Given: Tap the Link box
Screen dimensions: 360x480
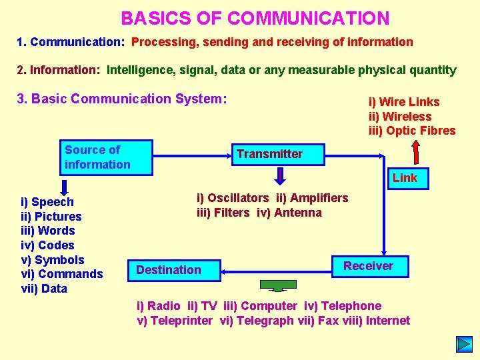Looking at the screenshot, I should point(405,178).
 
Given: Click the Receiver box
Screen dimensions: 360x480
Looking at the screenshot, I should point(368,266).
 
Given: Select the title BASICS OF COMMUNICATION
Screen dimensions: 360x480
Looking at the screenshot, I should point(255,18).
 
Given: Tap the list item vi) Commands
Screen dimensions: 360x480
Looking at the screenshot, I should point(62,274).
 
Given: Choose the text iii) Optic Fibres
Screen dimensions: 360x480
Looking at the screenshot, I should point(412,131).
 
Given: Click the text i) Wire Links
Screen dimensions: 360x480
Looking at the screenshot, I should point(404,102).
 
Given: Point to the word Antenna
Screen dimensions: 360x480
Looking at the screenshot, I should point(298,213).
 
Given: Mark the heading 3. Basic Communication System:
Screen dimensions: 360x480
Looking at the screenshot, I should point(122,99).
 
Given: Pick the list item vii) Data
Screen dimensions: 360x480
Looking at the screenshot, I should point(44,289).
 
